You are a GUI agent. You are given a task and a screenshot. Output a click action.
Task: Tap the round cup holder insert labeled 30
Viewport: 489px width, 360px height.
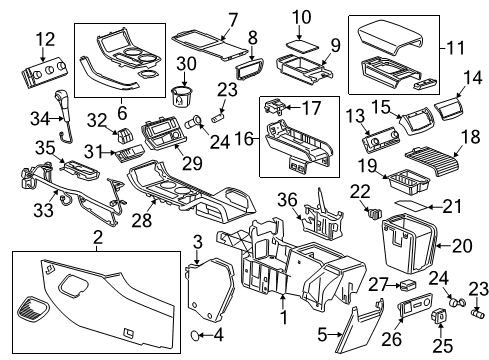point(182,98)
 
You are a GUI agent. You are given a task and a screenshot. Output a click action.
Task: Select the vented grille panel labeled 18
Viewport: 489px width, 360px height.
point(433,153)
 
